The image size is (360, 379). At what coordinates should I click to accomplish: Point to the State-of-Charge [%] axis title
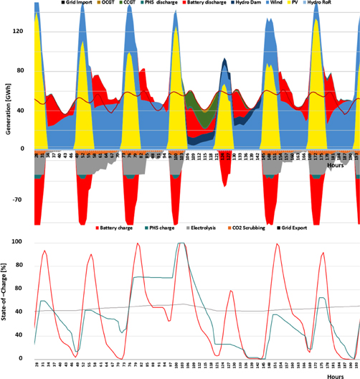9,300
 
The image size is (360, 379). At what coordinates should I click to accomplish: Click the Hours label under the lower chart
336,373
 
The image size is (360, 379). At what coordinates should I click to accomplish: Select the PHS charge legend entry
164,228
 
